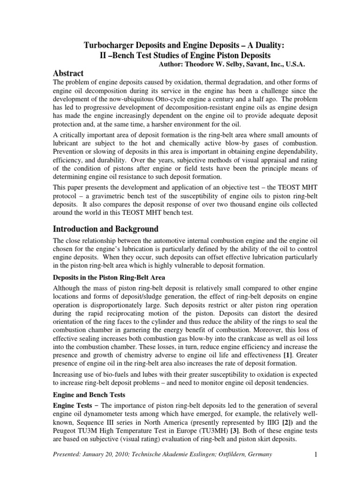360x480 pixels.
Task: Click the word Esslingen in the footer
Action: (191, 467)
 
